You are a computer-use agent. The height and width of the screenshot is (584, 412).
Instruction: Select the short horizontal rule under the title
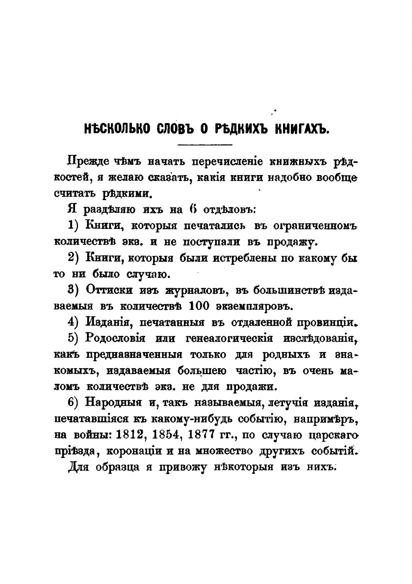[206, 145]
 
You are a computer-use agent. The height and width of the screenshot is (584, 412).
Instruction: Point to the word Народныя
[113, 402]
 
